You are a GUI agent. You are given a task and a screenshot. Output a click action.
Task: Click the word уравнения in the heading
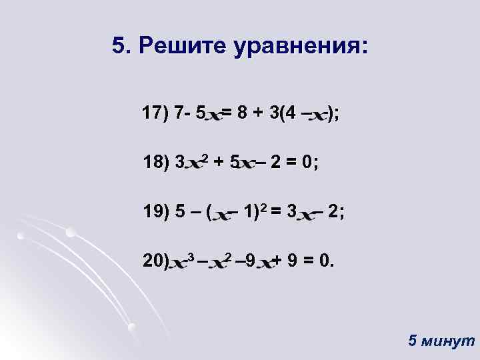pyautogui.click(x=299, y=47)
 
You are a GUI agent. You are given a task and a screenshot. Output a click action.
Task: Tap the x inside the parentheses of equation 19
pyautogui.click(x=220, y=215)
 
